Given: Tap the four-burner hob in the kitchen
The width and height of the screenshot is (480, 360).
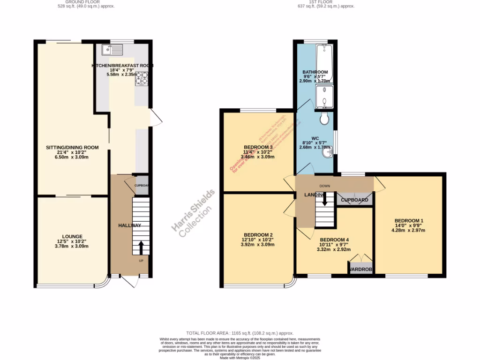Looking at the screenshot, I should (142, 78).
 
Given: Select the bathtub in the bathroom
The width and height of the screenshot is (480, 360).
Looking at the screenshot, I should (324, 63).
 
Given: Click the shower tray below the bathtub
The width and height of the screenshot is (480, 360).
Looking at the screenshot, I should (324, 97).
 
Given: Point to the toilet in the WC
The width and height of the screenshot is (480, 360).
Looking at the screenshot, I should (324, 120).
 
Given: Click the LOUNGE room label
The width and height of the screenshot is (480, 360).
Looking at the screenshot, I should (72, 236).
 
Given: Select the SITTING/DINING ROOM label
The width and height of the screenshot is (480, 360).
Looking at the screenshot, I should (72, 147).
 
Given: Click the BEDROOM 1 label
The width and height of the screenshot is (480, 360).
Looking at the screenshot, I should (409, 221).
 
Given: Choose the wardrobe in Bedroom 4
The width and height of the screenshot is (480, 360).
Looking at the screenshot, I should (360, 269).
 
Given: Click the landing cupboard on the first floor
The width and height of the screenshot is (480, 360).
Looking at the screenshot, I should (355, 199).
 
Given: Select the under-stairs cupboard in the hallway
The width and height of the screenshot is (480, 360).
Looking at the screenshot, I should (142, 184).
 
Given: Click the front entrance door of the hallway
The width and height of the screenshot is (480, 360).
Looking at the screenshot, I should (130, 281).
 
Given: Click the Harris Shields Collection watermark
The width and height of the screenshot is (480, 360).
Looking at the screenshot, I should (194, 213).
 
